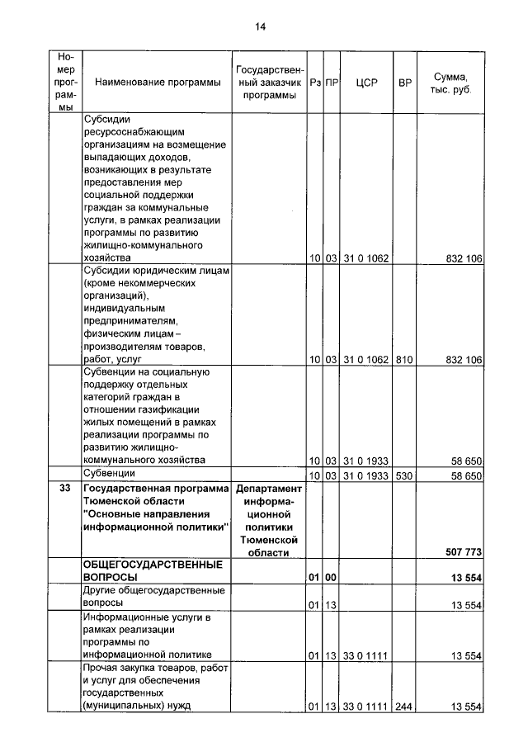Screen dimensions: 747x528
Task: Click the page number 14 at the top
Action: (260, 27)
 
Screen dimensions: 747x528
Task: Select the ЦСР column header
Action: (366, 83)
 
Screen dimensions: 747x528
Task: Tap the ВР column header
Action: (404, 83)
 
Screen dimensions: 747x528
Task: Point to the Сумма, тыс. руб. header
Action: (450, 83)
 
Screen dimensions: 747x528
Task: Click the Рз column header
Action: (314, 83)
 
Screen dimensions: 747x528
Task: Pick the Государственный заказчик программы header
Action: (269, 83)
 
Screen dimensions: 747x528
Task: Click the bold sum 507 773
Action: (462, 551)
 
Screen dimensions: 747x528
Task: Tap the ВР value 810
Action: (404, 360)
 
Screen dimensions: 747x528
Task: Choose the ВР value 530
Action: (404, 476)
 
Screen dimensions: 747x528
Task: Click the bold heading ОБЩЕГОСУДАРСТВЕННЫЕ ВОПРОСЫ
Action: (144, 570)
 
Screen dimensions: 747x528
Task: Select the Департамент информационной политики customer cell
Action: (269, 520)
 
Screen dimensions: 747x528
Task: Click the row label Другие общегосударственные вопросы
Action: (144, 598)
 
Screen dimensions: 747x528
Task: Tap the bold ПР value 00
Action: (331, 578)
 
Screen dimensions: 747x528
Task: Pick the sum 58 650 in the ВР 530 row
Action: (465, 476)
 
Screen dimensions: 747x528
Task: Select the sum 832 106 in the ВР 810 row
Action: (463, 360)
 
